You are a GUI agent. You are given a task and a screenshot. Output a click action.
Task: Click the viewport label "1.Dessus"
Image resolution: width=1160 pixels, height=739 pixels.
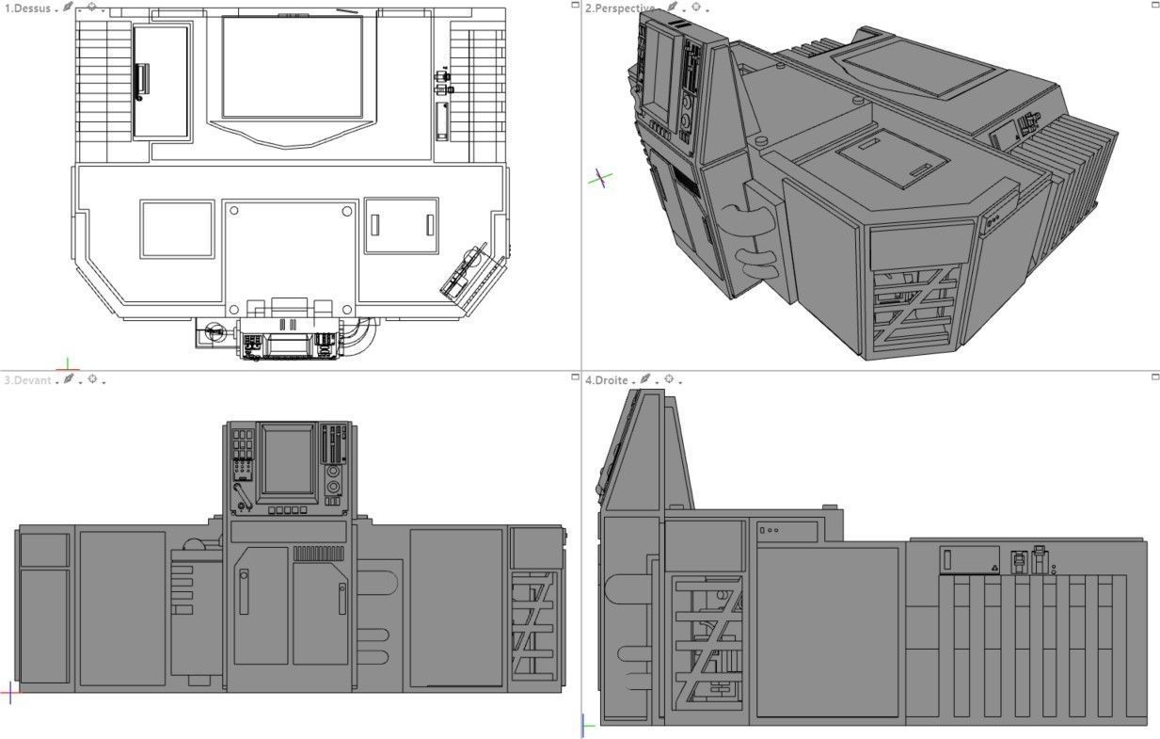coord(28,8)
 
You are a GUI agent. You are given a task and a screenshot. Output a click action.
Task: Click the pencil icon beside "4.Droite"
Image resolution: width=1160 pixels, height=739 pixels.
coord(645,379)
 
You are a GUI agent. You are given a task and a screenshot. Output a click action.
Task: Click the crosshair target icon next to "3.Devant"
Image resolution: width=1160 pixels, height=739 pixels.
coord(92,379)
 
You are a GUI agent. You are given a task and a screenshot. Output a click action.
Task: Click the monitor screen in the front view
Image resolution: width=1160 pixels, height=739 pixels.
coord(287,460)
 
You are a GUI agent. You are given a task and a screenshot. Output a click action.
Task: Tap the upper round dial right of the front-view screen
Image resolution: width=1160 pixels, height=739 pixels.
coord(333,471)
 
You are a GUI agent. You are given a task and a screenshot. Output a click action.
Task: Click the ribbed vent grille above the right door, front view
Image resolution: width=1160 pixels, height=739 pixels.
coord(320,554)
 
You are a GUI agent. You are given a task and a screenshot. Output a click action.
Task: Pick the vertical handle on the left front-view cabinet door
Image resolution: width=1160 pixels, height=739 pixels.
coord(244,592)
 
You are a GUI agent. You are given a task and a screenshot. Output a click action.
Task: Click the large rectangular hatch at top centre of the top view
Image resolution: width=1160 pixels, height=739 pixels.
coord(292,67)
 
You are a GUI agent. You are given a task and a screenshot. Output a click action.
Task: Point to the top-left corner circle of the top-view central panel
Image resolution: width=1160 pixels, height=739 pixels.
coord(233,211)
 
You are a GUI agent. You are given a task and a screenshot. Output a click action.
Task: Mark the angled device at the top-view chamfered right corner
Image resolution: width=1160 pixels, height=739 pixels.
coord(466,274)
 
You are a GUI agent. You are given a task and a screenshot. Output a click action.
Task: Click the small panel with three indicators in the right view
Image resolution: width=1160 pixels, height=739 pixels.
coord(787,531)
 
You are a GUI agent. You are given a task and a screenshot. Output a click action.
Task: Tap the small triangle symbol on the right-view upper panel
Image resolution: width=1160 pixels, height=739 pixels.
coord(994,568)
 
